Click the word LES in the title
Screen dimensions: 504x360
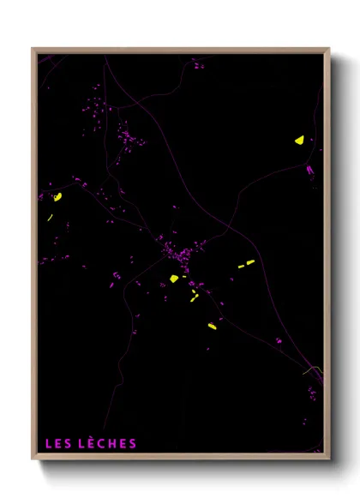pyautogui.click(x=58, y=443)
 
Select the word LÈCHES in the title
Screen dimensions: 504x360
pyautogui.click(x=107, y=443)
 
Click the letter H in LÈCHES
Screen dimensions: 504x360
pyautogui.click(x=112, y=443)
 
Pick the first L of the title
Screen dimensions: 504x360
pyautogui.click(x=48, y=443)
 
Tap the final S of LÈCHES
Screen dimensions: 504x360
pyautogui.click(x=132, y=443)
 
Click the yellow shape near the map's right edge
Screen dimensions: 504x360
pyautogui.click(x=299, y=140)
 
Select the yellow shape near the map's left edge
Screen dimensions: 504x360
pyautogui.click(x=57, y=197)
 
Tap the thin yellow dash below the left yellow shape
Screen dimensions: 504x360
pyautogui.click(x=51, y=218)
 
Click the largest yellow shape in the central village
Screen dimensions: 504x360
pyautogui.click(x=174, y=279)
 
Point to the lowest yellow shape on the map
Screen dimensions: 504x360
pyautogui.click(x=212, y=325)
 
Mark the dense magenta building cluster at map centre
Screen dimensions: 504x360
pyautogui.click(x=180, y=254)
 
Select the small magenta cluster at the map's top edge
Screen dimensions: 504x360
pyautogui.click(x=198, y=63)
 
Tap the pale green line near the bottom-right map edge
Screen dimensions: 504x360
pyautogui.click(x=313, y=370)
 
